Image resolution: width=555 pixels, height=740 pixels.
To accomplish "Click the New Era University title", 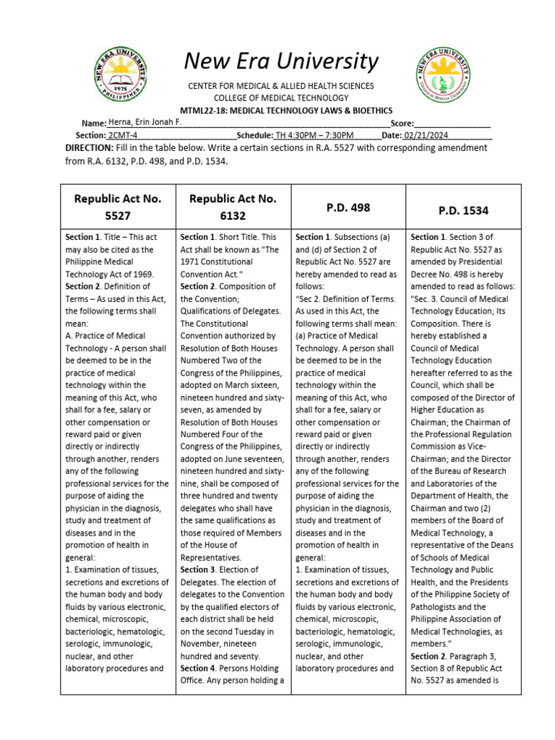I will click(281, 62).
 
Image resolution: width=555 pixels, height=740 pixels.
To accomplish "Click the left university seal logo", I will click(121, 74).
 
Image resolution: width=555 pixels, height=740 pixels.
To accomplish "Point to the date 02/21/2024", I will click(426, 135).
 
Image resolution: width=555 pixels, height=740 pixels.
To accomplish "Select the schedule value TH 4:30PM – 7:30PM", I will click(314, 135).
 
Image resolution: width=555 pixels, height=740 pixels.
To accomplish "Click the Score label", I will click(402, 124).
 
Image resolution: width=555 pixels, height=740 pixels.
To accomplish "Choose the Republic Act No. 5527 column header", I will click(118, 206).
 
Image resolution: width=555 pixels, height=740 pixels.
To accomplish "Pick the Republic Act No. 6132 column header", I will click(233, 206).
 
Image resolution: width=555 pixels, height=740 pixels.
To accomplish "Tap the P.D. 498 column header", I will click(348, 207).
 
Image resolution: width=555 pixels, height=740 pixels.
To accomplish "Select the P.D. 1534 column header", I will click(463, 210).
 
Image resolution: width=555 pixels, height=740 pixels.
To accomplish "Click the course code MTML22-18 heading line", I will click(281, 111).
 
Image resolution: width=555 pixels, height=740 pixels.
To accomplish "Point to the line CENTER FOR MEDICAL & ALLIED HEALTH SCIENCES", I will click(281, 86).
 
